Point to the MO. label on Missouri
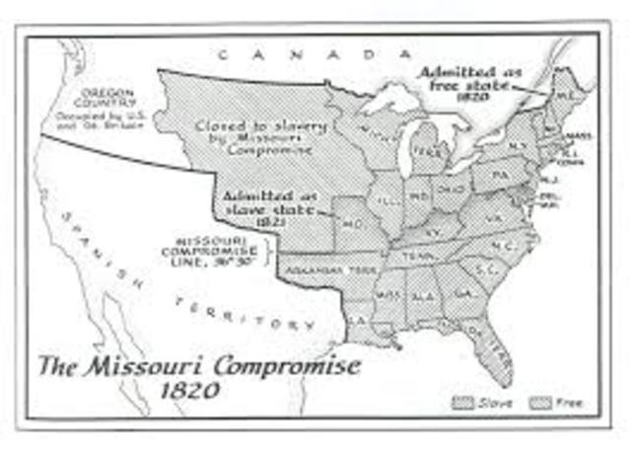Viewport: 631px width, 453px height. (x=353, y=226)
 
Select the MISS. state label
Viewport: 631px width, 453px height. (x=388, y=295)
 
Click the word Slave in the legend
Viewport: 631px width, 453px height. (x=491, y=402)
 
